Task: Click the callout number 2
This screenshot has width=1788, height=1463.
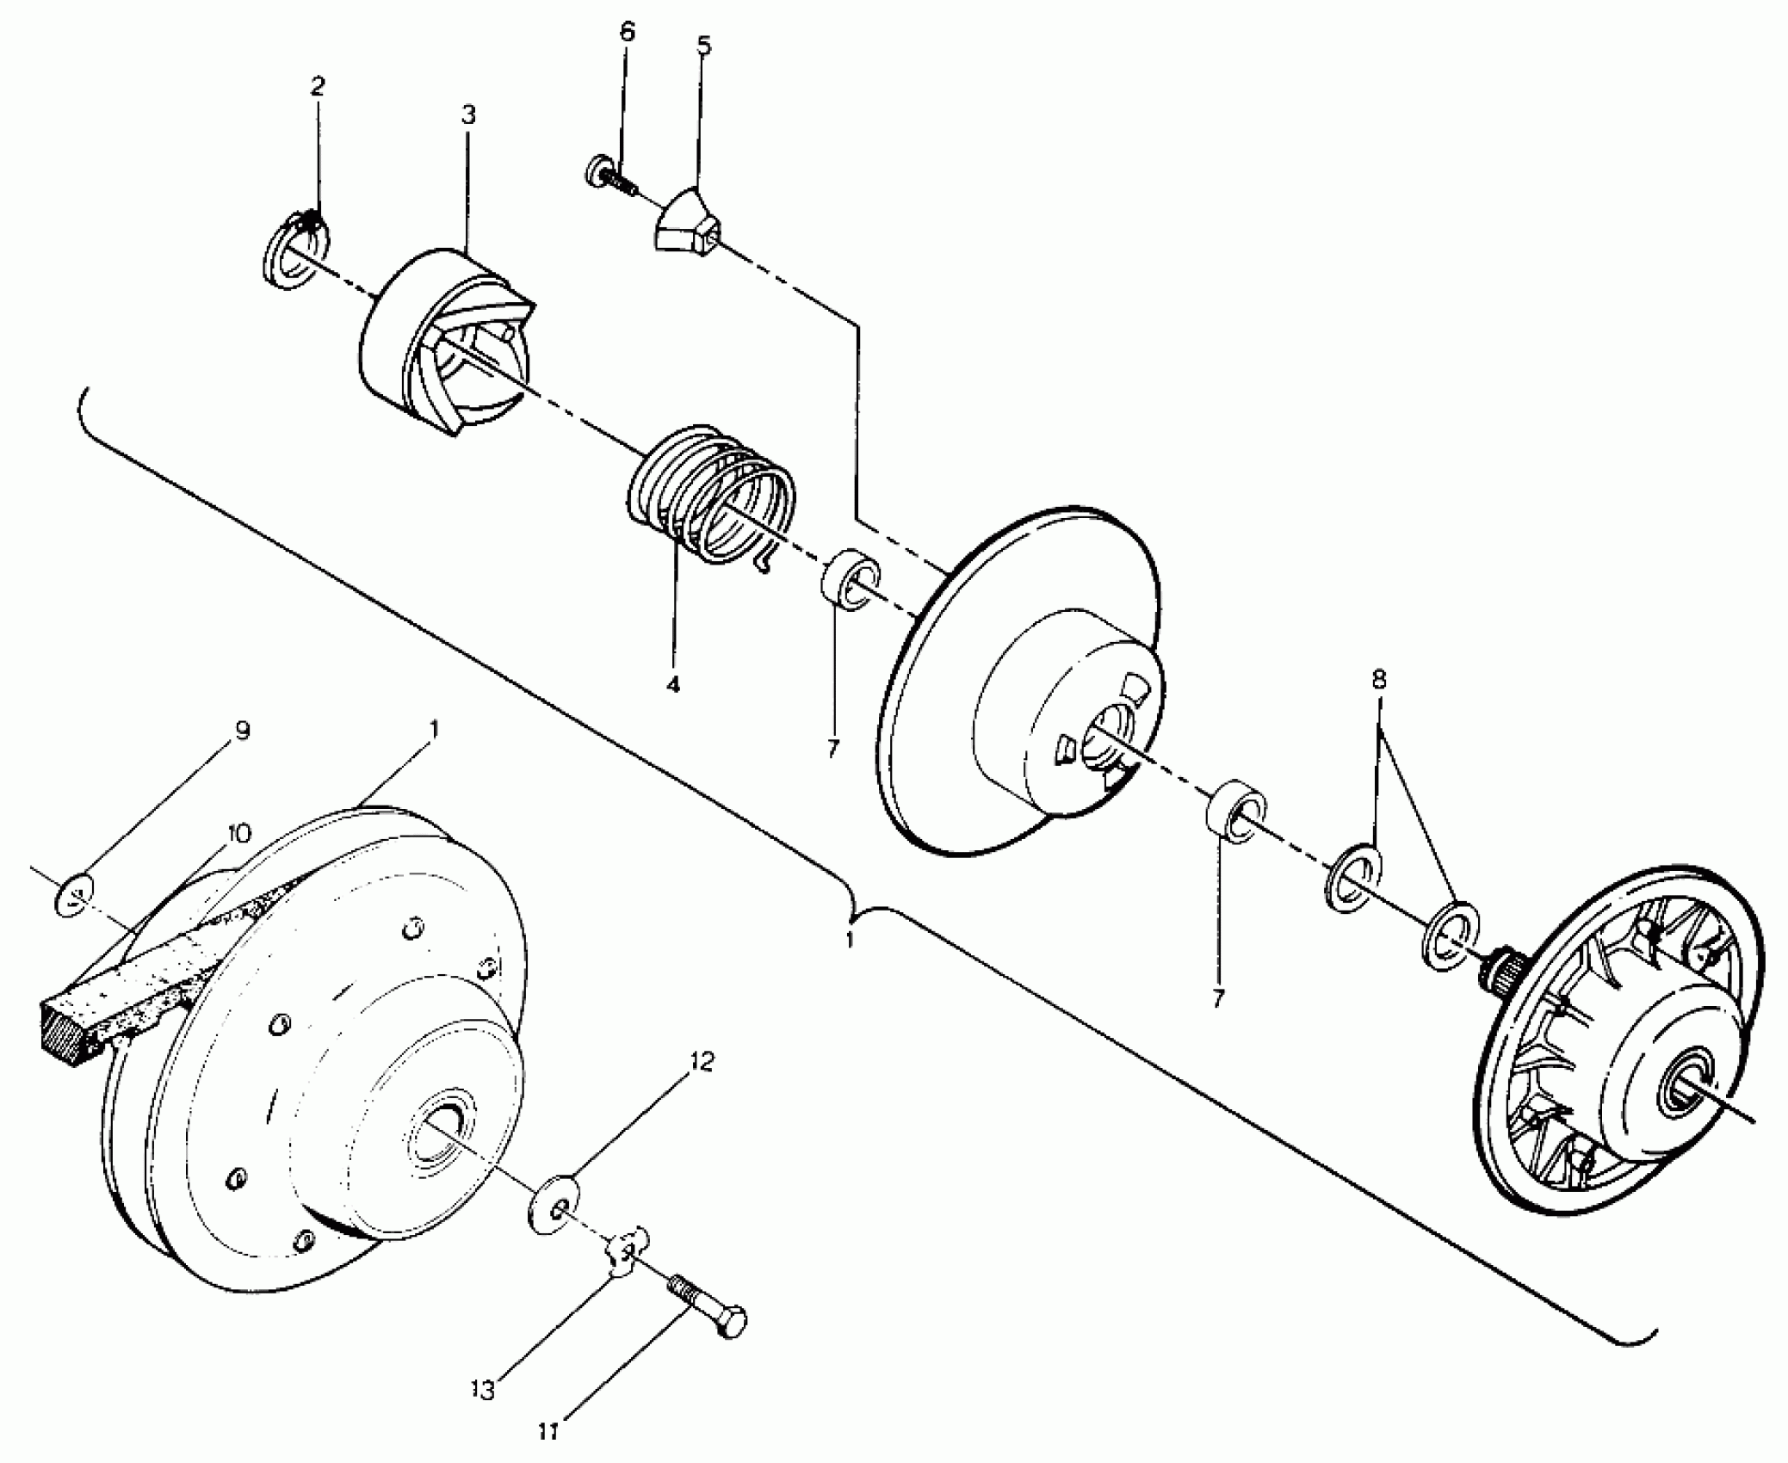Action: tap(318, 86)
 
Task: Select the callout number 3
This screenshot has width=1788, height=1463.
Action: tap(467, 114)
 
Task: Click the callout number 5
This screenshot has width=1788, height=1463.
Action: tap(704, 46)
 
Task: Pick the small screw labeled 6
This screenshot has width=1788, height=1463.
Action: tap(609, 176)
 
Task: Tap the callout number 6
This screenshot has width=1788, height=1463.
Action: tap(627, 33)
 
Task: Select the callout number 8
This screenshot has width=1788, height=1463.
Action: tap(1378, 680)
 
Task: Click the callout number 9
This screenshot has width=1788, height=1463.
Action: tap(243, 731)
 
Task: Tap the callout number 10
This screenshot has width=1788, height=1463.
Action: tap(238, 833)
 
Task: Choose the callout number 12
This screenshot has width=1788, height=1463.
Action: tap(702, 1062)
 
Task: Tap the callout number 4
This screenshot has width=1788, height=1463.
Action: tap(673, 685)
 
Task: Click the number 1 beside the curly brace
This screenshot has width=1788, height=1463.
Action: tap(850, 940)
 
